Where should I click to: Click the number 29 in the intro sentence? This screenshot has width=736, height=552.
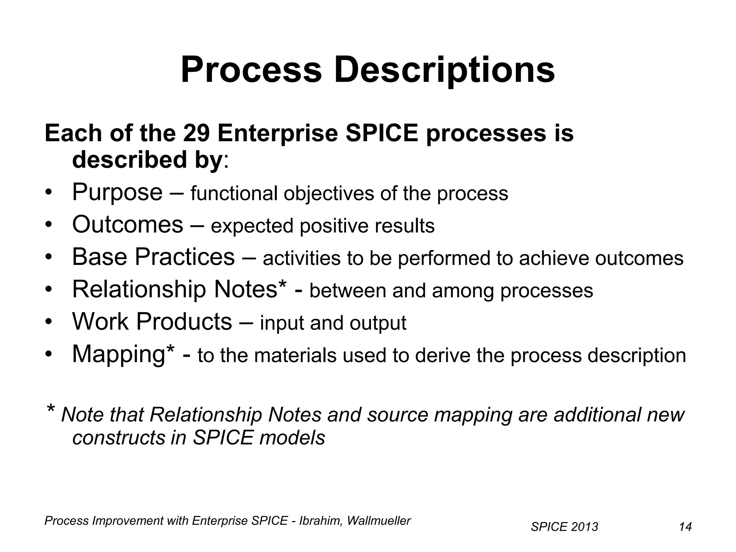pos(196,133)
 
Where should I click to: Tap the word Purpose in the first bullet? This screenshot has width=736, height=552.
pos(117,192)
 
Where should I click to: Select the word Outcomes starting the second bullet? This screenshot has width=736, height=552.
pos(128,225)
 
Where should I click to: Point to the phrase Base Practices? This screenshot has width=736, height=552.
pos(153,257)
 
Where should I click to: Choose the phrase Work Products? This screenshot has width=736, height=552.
pos(152,322)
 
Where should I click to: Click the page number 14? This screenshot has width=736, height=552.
pos(685,527)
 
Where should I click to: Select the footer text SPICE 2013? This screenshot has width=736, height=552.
pos(564,527)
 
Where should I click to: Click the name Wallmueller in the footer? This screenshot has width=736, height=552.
pos(378,521)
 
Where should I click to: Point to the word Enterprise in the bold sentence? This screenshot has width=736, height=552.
pos(277,133)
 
